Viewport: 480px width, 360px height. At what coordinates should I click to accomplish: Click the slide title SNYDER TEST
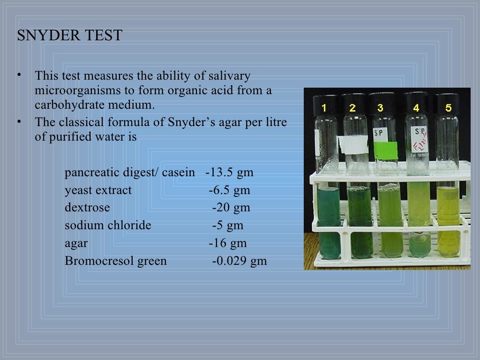point(69,36)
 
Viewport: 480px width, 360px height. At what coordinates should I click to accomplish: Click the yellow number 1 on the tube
point(324,108)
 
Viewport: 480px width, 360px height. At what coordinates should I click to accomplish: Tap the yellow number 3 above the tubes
point(380,108)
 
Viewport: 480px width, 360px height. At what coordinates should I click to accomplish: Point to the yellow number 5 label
point(448,108)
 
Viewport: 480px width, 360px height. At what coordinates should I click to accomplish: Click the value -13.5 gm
point(230,172)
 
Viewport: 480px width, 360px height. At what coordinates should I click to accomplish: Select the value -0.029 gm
point(240,261)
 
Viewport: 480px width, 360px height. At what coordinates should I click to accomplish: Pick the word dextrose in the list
point(87,208)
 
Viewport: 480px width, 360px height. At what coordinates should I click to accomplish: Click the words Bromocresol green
point(116,261)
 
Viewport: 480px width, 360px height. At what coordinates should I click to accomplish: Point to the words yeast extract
point(98,190)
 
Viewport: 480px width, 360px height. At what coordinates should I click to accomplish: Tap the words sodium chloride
point(108,225)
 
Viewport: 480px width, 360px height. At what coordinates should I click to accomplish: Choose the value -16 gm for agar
point(228,243)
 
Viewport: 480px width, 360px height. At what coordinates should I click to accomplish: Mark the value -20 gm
point(231,208)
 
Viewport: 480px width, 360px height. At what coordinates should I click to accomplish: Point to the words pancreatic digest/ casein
point(130,172)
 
